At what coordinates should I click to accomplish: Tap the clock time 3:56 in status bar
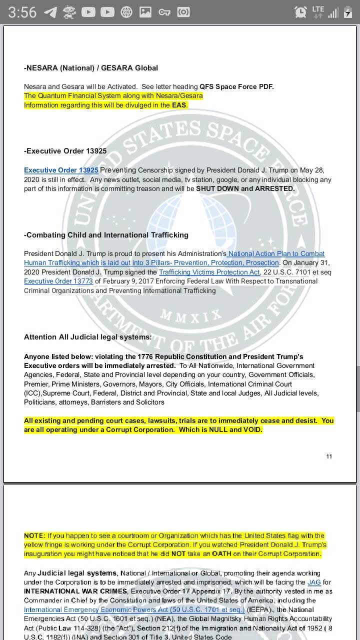tap(22, 12)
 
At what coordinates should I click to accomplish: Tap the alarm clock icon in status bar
tap(300, 12)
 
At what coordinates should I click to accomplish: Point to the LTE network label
tap(318, 8)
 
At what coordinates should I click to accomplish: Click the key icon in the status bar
tap(164, 12)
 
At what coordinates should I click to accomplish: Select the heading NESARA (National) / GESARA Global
tap(91, 67)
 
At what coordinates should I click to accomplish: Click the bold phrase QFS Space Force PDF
tap(236, 86)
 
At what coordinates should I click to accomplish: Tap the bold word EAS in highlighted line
tap(179, 105)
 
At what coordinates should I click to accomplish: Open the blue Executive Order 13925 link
tap(61, 170)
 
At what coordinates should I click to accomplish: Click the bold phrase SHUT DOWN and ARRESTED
tap(245, 188)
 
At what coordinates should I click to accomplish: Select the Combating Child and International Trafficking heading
tap(106, 234)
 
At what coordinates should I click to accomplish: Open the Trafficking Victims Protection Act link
tap(209, 272)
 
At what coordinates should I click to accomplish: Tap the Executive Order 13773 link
tap(58, 281)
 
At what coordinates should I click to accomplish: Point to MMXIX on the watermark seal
tap(191, 315)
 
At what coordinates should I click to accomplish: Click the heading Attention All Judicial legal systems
tap(87, 337)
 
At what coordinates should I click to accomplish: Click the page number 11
tap(329, 456)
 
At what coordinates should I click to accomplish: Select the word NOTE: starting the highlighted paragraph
tap(34, 535)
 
